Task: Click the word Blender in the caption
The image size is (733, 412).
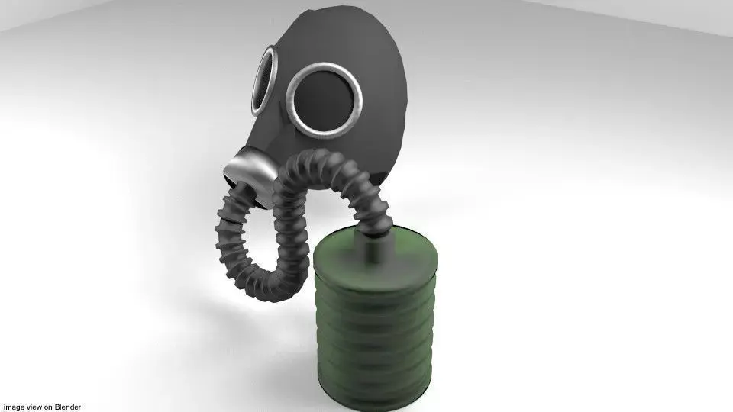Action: [x=66, y=407]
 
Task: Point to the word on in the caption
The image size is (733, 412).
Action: [x=47, y=407]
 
